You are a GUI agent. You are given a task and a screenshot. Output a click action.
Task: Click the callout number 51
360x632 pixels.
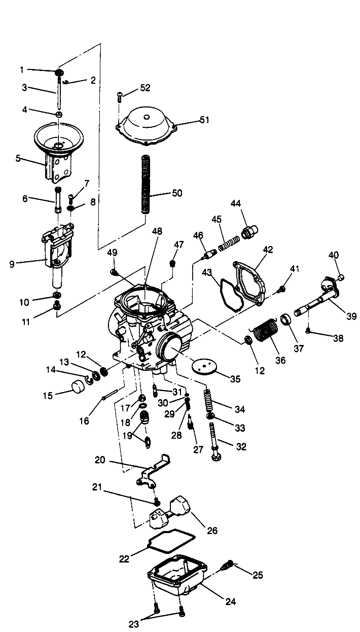(x=190, y=120)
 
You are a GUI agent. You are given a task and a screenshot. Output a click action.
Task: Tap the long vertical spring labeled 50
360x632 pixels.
(x=145, y=187)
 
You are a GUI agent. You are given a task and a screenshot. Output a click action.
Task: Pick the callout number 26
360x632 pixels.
(x=212, y=531)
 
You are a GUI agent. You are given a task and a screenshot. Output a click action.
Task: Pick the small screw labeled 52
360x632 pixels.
(x=119, y=94)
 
